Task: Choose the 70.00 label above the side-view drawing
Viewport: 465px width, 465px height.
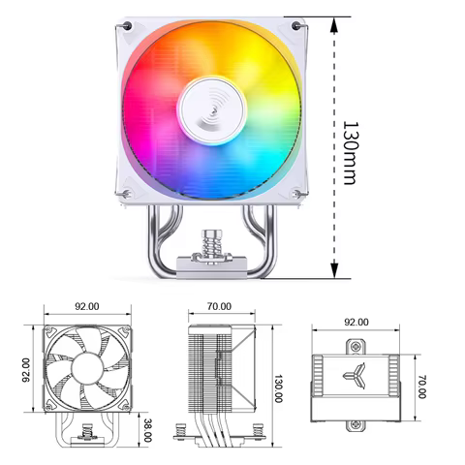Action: (x=219, y=306)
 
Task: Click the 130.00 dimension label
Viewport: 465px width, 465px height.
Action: (x=278, y=386)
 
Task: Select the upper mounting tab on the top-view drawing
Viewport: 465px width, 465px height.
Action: (x=355, y=345)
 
